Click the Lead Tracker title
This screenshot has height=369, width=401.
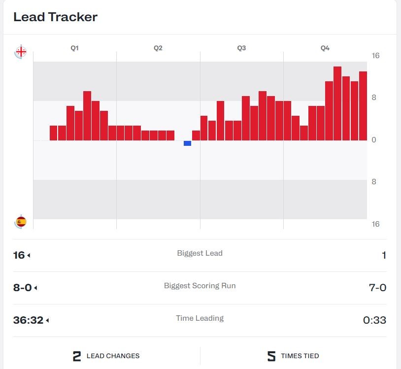click(x=55, y=17)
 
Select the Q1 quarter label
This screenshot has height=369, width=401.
click(x=74, y=48)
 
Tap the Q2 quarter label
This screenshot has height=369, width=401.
click(x=158, y=48)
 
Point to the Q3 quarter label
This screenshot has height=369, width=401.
click(x=241, y=48)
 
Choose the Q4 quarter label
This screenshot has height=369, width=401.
click(x=325, y=48)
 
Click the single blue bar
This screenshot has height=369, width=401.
click(x=187, y=143)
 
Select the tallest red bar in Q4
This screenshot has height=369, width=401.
click(x=337, y=103)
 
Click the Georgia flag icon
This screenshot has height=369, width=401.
click(x=21, y=51)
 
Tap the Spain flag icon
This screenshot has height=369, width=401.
click(x=21, y=222)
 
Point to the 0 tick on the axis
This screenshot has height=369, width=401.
click(x=374, y=140)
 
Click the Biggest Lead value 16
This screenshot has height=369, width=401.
click(x=19, y=255)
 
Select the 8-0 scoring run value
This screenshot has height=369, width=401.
click(x=22, y=288)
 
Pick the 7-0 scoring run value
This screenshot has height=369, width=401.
click(x=377, y=288)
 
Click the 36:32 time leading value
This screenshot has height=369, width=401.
click(x=28, y=320)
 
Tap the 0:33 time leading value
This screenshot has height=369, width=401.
click(x=374, y=320)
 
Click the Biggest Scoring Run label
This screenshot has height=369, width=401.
click(x=200, y=286)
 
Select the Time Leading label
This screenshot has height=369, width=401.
click(x=200, y=318)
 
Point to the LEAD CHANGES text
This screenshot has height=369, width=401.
click(x=113, y=356)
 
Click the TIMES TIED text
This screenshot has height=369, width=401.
click(x=300, y=356)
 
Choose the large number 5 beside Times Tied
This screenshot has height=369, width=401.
click(x=271, y=356)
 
